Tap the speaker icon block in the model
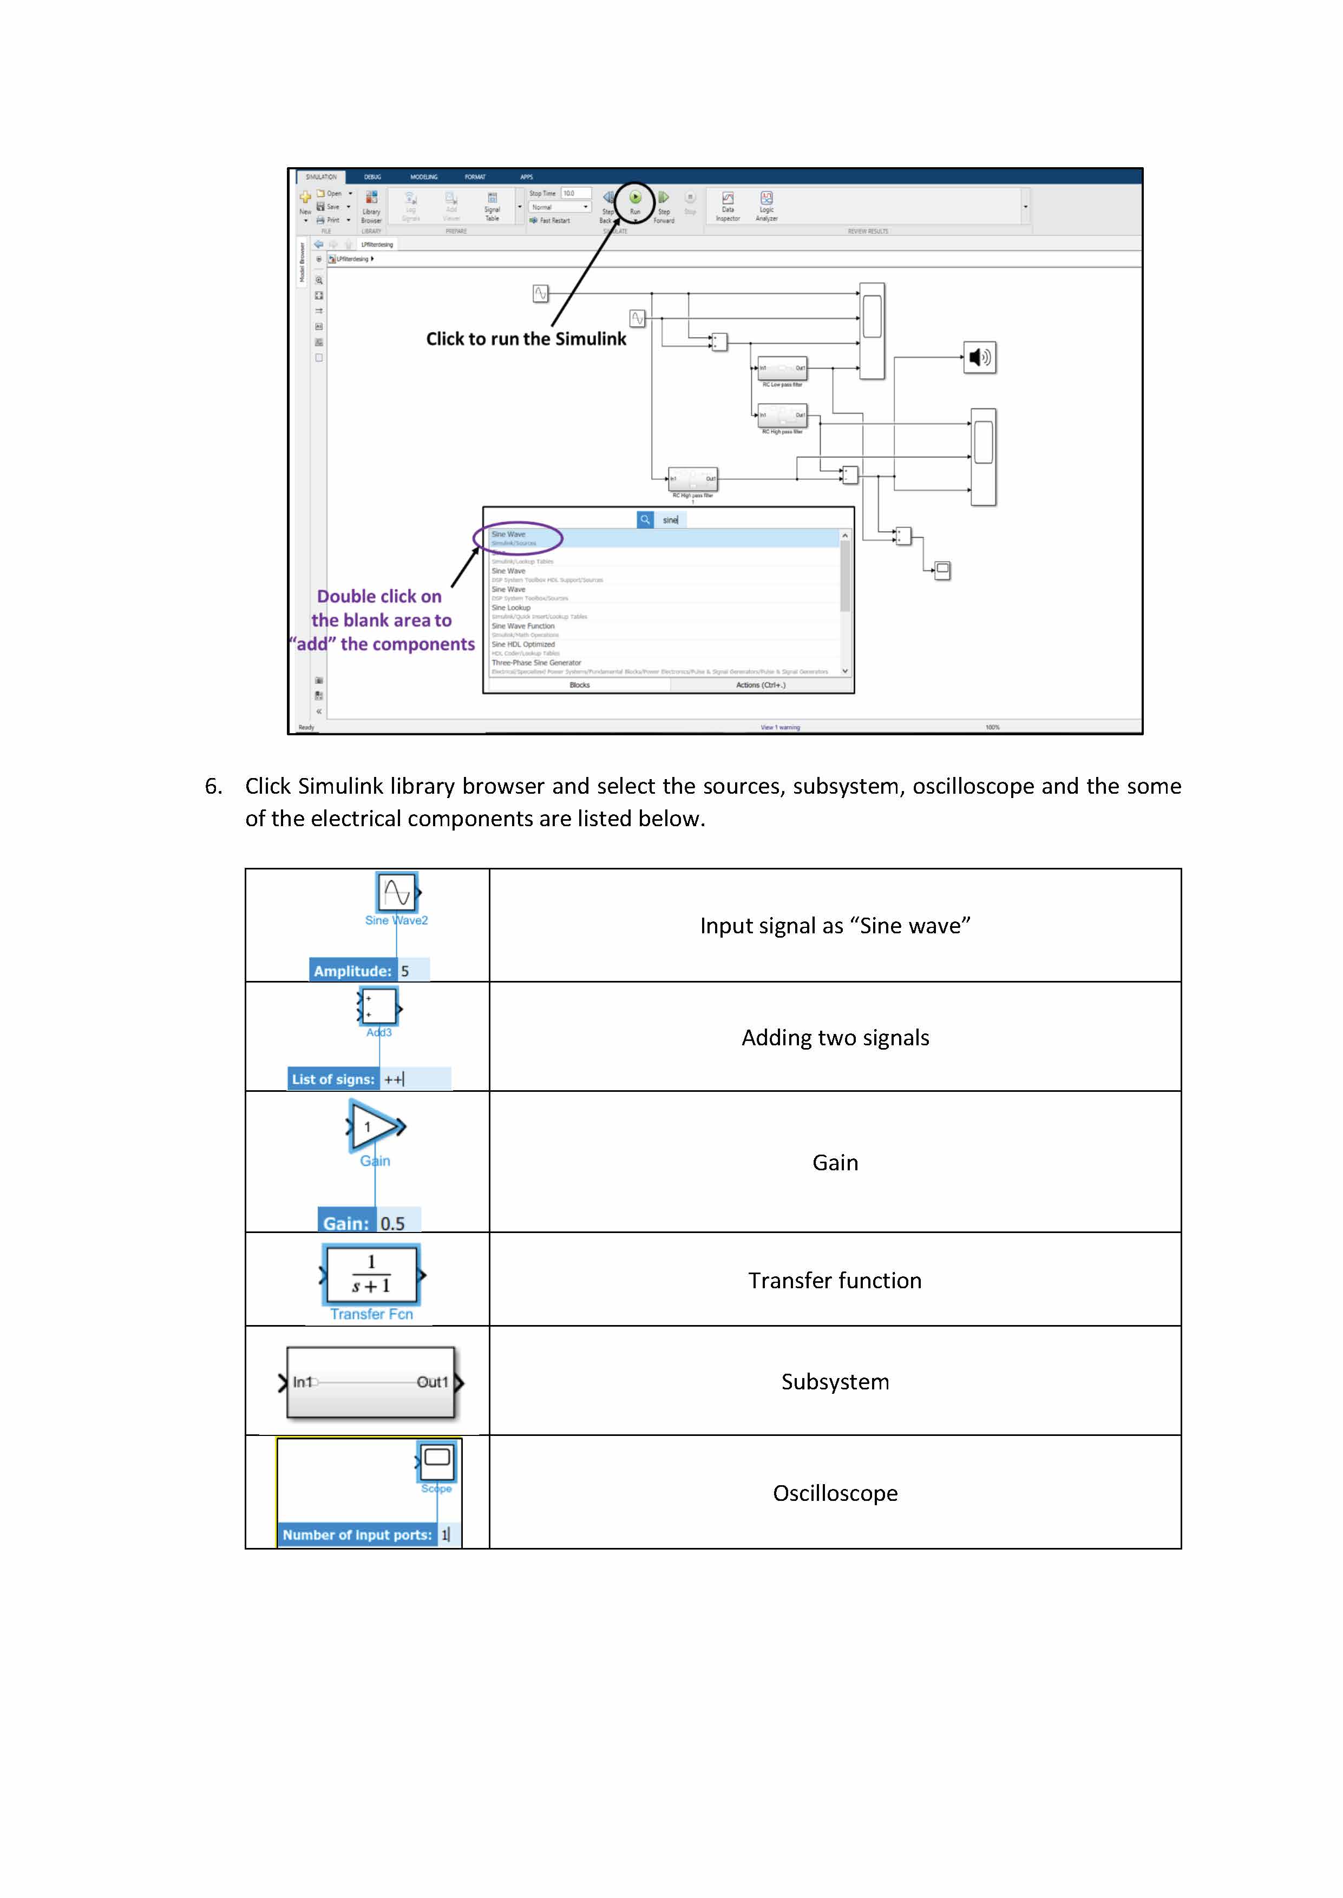[979, 357]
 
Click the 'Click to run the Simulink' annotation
[526, 339]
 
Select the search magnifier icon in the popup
[645, 520]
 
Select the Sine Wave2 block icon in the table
[396, 893]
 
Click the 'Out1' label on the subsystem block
[431, 1382]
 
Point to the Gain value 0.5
[393, 1223]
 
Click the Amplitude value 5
[405, 971]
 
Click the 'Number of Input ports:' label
[357, 1535]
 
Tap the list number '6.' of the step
[213, 786]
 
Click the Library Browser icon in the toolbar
[371, 199]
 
